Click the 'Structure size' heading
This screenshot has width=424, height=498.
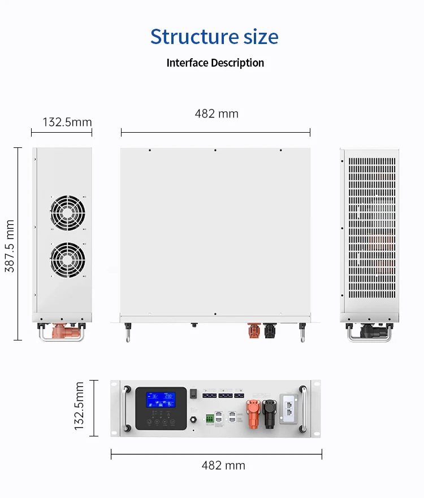tap(214, 37)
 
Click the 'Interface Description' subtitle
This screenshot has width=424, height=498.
tap(215, 63)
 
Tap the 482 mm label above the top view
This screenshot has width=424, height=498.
tap(217, 113)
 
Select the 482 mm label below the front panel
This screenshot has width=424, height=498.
tap(223, 465)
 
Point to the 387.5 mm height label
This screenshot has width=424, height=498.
tap(10, 246)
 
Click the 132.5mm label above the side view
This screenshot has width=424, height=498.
tap(67, 122)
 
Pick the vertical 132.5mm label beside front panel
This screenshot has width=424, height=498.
tap(80, 407)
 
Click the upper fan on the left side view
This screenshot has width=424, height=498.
tap(67, 213)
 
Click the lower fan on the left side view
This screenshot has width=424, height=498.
tap(67, 260)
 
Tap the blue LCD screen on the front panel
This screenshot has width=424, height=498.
tap(160, 400)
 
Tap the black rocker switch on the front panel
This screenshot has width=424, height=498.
tap(193, 392)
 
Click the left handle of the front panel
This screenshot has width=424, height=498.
tap(124, 409)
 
